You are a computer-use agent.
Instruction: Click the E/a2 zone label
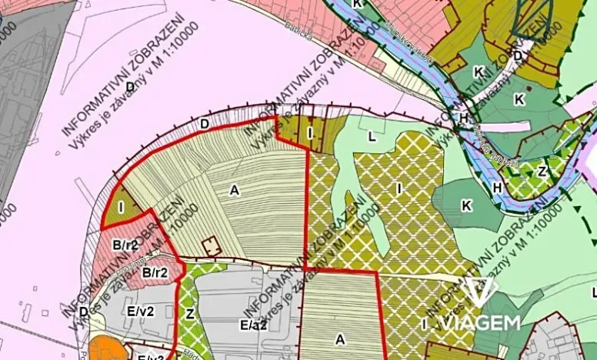[253, 325]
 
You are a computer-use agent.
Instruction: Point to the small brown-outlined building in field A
[210, 247]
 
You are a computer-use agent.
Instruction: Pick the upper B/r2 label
[124, 245]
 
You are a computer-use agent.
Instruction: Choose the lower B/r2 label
[155, 272]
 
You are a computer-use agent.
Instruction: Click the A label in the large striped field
[234, 189]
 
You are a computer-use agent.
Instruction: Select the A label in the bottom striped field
[339, 338]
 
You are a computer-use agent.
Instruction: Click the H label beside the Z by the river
[497, 187]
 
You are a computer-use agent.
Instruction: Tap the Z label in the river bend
[542, 171]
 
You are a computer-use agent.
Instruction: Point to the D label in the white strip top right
[518, 55]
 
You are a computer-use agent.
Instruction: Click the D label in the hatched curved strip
[204, 123]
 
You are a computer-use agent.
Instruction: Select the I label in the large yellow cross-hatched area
[399, 187]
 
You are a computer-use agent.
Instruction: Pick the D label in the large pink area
[131, 87]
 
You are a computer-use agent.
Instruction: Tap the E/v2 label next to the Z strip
[141, 312]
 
